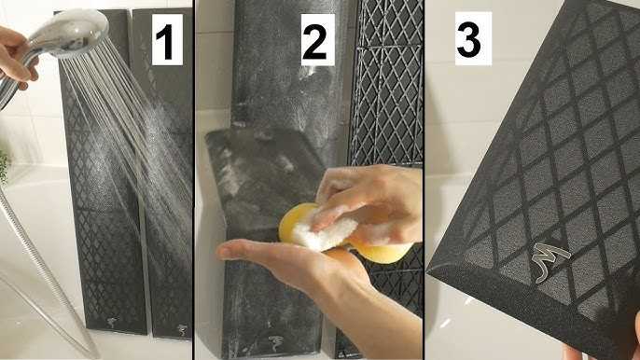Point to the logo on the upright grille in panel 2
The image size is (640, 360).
point(274,343)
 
